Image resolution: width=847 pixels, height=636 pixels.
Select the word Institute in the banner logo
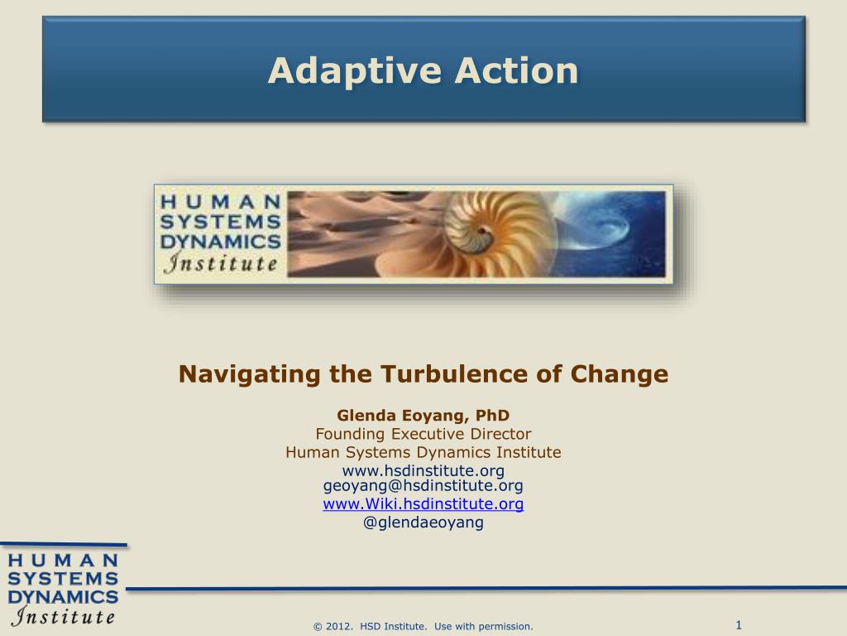pos(222,264)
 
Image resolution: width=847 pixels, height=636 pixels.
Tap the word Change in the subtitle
pos(618,374)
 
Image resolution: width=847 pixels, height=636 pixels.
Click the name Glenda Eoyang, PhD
pos(423,416)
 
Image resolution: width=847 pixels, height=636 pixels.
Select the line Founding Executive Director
pos(423,434)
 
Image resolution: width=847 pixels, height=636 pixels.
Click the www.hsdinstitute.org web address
pos(423,470)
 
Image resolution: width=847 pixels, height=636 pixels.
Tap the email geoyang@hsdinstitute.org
pos(423,486)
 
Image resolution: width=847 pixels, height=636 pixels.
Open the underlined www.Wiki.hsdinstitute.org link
pos(423,503)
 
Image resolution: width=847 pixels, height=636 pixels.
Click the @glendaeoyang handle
pos(423,523)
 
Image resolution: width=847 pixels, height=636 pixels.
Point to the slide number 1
pos(738,624)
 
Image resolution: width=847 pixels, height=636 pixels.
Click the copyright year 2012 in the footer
pos(341,627)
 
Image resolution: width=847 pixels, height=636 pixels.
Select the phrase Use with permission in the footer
pos(483,627)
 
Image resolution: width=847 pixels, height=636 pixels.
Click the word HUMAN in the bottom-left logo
pos(63,560)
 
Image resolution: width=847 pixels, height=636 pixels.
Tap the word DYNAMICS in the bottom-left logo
pos(63,596)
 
